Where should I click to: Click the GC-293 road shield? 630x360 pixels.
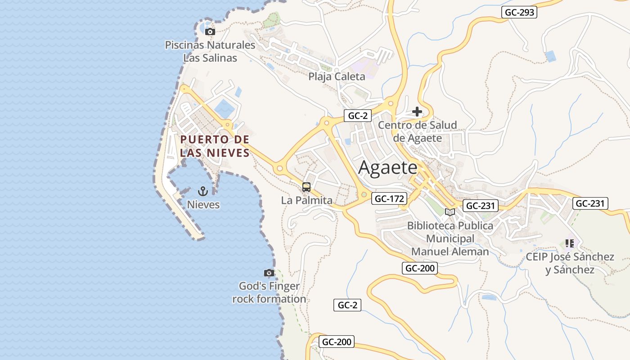(519, 12)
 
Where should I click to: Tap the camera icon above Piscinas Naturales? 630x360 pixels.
(210, 31)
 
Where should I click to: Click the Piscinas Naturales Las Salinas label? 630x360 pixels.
(210, 51)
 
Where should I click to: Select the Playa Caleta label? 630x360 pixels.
(337, 76)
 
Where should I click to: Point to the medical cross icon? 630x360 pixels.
(417, 111)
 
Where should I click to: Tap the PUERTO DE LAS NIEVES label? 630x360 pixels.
(215, 146)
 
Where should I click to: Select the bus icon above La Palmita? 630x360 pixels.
(306, 187)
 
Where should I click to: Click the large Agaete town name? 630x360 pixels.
(388, 168)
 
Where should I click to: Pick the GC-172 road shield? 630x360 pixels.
(389, 198)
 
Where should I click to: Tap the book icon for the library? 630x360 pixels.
(450, 212)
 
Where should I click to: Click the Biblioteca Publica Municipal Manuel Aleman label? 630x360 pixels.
(450, 238)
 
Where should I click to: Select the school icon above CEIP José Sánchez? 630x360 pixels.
(570, 243)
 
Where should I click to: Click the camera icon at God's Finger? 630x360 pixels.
(269, 273)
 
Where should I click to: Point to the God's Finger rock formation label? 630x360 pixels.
(269, 292)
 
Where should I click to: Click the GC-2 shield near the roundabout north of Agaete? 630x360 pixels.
(358, 116)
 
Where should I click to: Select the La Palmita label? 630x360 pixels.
(306, 200)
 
